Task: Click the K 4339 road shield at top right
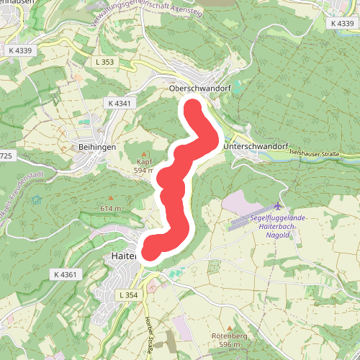(x=343, y=24)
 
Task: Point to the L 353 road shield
(x=104, y=63)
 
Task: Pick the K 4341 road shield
(x=120, y=104)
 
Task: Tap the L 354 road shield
(x=127, y=295)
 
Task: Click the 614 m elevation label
(x=110, y=208)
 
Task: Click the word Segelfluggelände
(x=279, y=217)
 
